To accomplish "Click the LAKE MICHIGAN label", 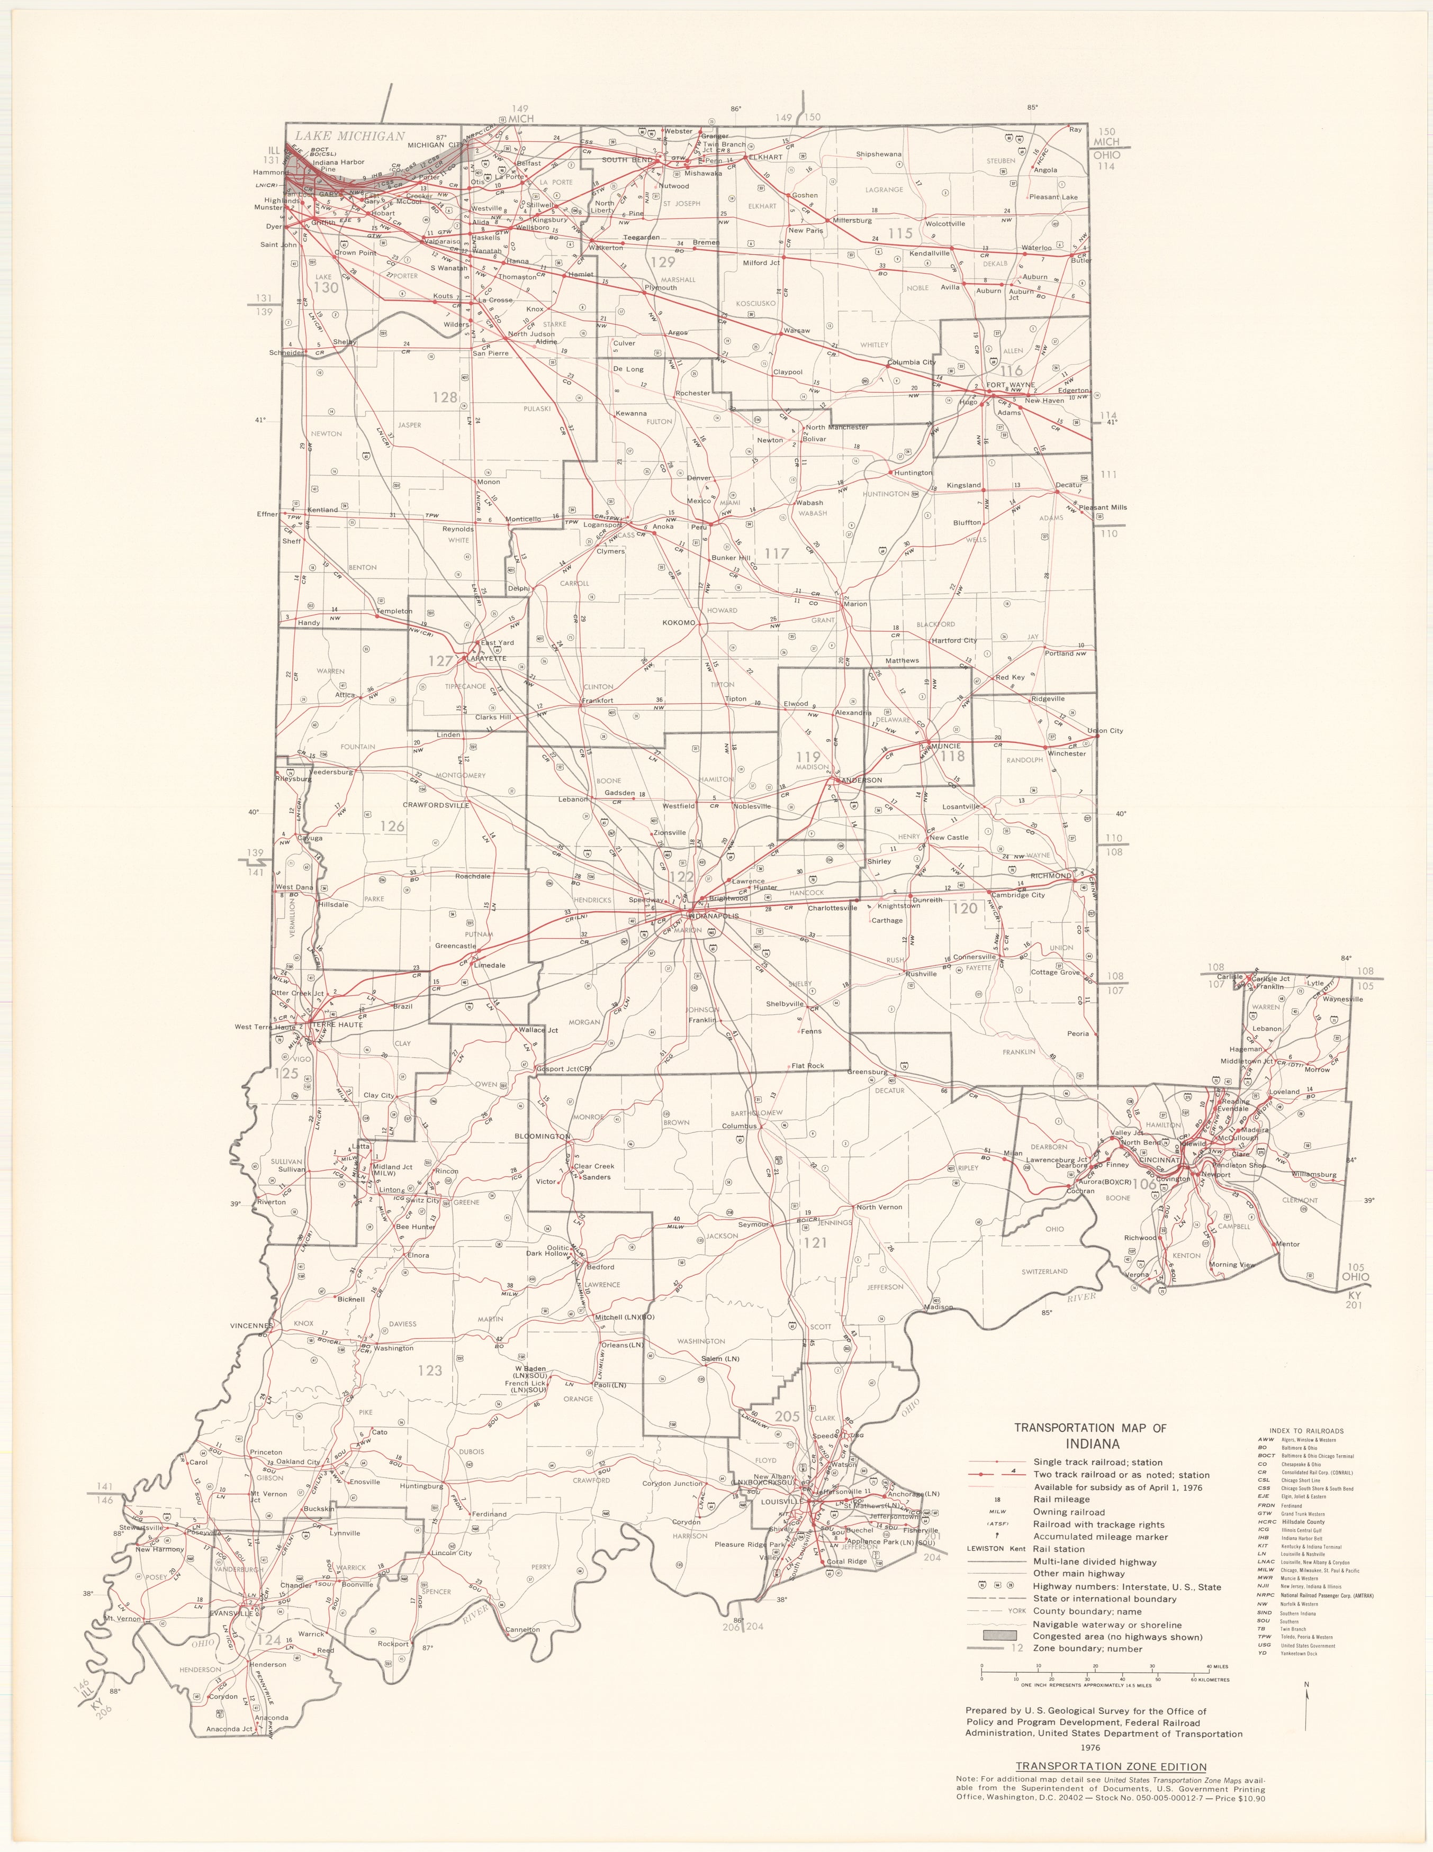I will click(x=349, y=135).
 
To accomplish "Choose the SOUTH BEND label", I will click(x=626, y=159).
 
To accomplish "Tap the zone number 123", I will click(x=430, y=1369).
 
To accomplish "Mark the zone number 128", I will click(x=445, y=397).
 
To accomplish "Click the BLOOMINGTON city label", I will click(x=542, y=1136).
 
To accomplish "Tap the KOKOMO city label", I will click(x=679, y=622).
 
